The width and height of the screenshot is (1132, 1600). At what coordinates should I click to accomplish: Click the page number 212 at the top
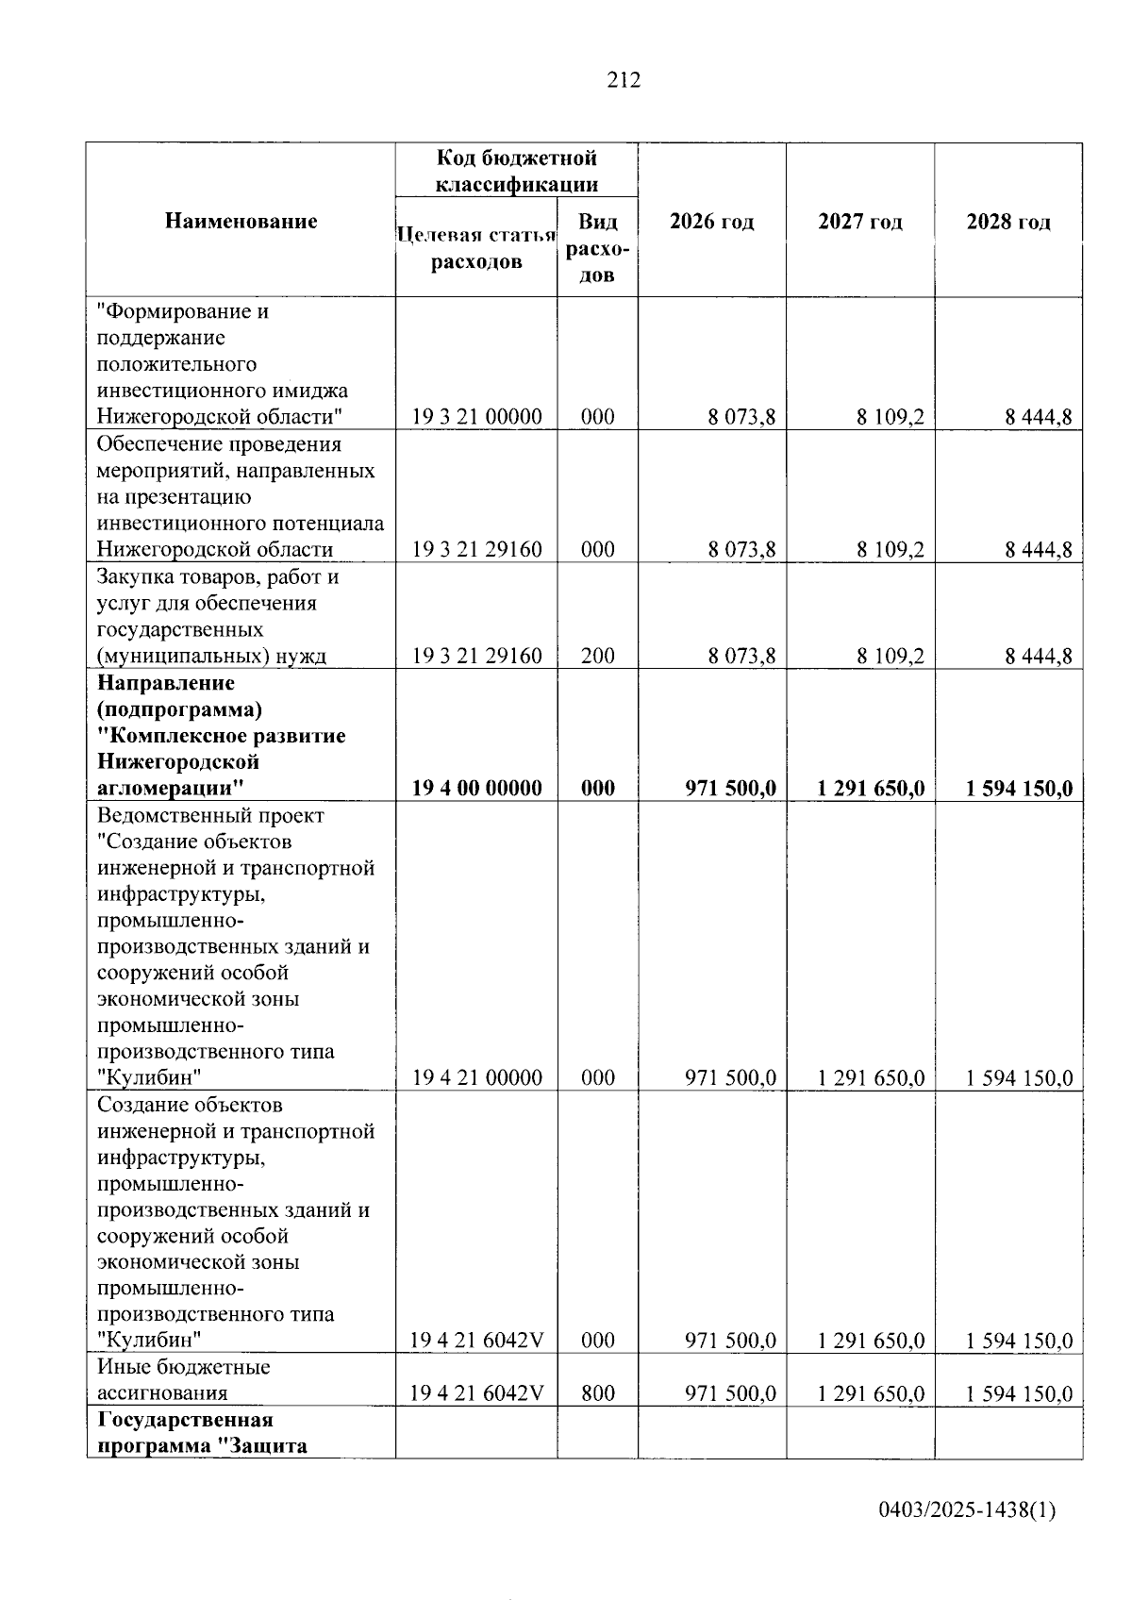pos(623,80)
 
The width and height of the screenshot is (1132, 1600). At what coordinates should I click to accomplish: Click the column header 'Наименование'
pos(241,222)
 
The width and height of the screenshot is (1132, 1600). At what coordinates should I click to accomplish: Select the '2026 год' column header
pos(711,222)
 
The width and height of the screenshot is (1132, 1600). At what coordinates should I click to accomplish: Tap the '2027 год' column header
pos(859,222)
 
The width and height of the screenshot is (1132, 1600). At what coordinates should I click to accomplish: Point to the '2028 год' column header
pos(1007,222)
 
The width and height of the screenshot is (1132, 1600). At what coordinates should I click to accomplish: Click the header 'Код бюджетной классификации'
pos(516,171)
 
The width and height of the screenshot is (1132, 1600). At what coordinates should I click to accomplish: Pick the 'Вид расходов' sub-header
pos(597,248)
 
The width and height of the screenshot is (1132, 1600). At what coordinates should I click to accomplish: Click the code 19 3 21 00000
pos(476,417)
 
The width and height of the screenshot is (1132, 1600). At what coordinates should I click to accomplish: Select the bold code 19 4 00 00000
pos(476,788)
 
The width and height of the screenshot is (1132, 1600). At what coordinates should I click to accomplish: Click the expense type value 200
pos(597,656)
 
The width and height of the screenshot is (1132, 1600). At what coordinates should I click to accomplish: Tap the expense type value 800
pos(597,1393)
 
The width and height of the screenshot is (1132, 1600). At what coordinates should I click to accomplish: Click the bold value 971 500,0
pos(730,788)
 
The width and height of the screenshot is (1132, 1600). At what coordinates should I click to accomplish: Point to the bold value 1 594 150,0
pos(1019,788)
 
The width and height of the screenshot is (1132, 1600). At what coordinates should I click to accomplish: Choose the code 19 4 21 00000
pos(476,1077)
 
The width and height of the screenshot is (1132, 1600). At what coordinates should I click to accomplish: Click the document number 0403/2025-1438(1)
pos(967,1510)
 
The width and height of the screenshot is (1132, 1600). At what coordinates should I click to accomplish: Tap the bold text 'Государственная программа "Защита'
pos(202,1432)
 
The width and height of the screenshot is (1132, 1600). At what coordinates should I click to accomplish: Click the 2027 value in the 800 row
pos(871,1393)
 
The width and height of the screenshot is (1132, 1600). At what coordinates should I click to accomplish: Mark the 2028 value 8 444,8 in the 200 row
pos(1038,656)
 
